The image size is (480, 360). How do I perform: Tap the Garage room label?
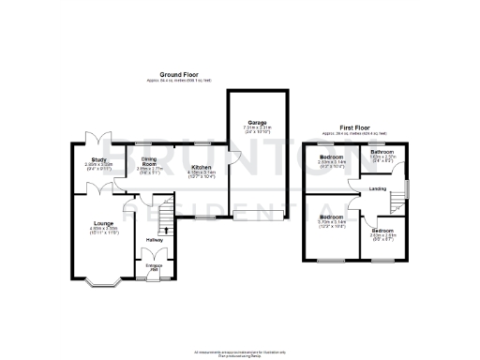pyautogui.click(x=258, y=122)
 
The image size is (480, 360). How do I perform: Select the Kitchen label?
pyautogui.click(x=202, y=169)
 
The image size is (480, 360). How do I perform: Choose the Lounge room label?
pyautogui.click(x=103, y=223)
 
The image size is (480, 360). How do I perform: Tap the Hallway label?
pyautogui.click(x=155, y=240)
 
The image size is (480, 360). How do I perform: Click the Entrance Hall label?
pyautogui.click(x=155, y=264)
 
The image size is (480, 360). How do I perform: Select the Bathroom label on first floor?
pyautogui.click(x=381, y=152)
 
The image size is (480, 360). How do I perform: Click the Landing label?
pyautogui.click(x=377, y=189)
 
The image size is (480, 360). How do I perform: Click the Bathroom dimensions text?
pyautogui.click(x=381, y=157)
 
